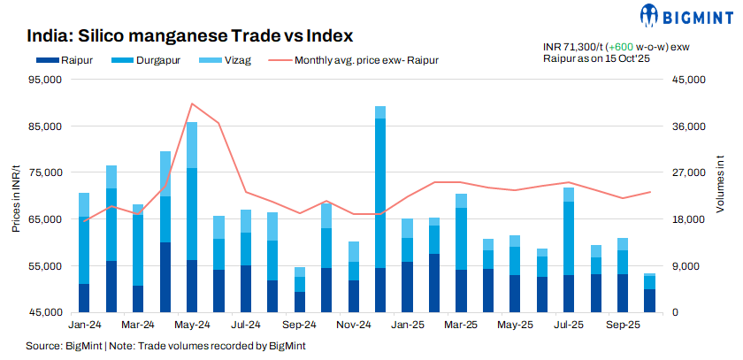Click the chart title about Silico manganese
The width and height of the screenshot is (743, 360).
(x=190, y=36)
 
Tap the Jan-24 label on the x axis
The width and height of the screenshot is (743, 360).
(x=84, y=326)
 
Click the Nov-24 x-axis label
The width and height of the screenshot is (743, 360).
(x=353, y=326)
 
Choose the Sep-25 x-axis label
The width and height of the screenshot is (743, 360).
(x=623, y=326)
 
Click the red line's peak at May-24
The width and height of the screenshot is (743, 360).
(x=192, y=103)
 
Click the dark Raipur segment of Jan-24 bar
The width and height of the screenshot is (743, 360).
(x=84, y=298)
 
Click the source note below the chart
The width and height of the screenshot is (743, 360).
(x=166, y=346)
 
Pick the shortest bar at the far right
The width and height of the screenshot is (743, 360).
(x=649, y=295)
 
